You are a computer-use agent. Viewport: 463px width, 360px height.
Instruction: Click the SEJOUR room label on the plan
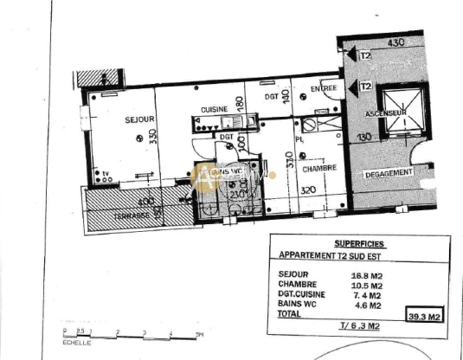click(x=115, y=119)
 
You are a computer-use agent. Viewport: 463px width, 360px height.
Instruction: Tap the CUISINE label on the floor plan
click(x=214, y=109)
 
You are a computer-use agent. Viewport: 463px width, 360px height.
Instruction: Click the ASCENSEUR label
click(x=383, y=114)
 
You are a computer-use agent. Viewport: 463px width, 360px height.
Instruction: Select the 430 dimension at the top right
click(x=395, y=42)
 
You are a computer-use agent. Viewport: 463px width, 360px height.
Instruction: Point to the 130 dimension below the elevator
click(x=364, y=137)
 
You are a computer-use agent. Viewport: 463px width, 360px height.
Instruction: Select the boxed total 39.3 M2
click(x=425, y=317)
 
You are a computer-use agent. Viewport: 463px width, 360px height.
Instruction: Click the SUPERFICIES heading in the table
click(x=359, y=244)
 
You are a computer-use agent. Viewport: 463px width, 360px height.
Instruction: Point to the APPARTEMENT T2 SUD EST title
click(x=331, y=256)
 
